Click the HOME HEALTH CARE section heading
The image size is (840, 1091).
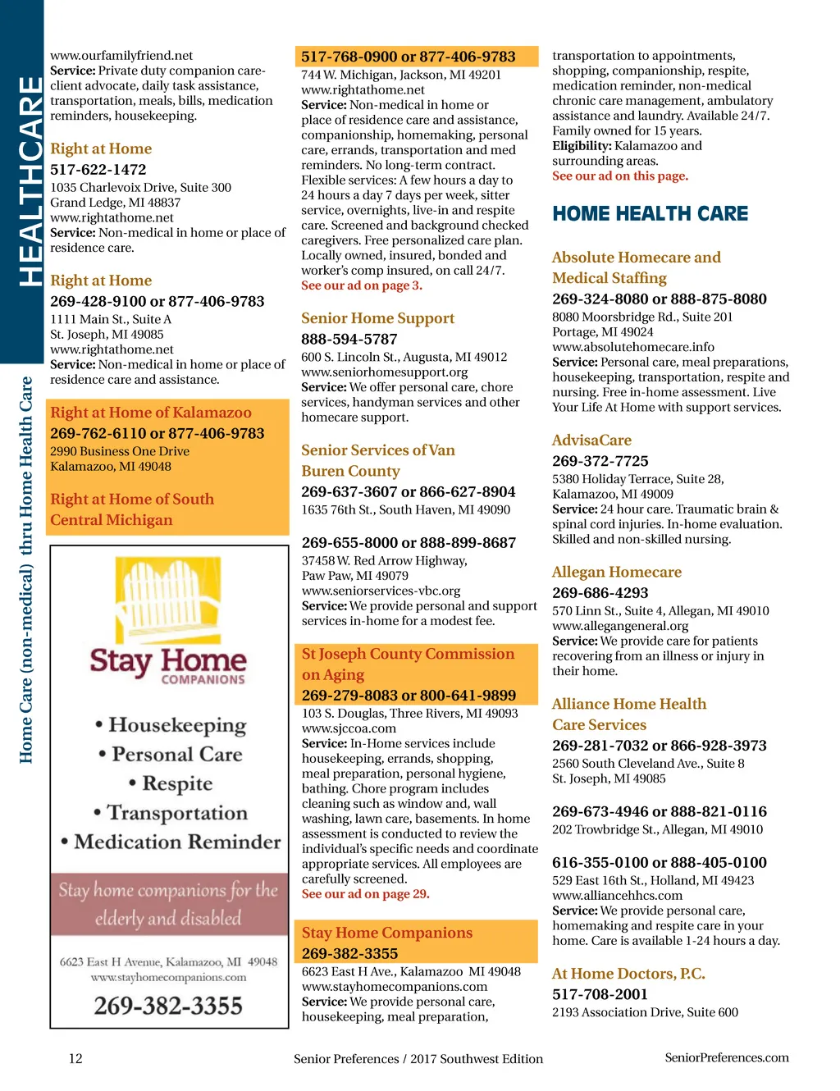click(x=650, y=214)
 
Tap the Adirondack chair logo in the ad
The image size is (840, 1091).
click(x=167, y=596)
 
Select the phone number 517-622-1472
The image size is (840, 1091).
click(x=98, y=170)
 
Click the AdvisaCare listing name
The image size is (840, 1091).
click(x=591, y=441)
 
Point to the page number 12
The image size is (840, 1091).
click(x=75, y=1058)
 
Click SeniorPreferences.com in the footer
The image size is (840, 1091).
click(x=726, y=1057)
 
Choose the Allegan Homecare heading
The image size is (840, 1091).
click(x=616, y=573)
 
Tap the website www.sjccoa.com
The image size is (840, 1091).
click(x=349, y=728)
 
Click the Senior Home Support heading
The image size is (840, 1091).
click(x=377, y=318)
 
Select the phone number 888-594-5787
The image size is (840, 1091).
click(x=349, y=340)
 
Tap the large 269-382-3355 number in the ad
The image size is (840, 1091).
click(x=168, y=1006)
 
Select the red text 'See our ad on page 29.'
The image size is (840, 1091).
click(x=365, y=894)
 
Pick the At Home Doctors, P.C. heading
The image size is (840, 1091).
click(x=628, y=974)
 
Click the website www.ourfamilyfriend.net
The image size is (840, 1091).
click(x=121, y=56)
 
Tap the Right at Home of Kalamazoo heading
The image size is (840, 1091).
click(x=151, y=413)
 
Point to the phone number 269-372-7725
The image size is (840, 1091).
click(x=600, y=462)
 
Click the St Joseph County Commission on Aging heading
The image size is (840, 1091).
click(x=408, y=664)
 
